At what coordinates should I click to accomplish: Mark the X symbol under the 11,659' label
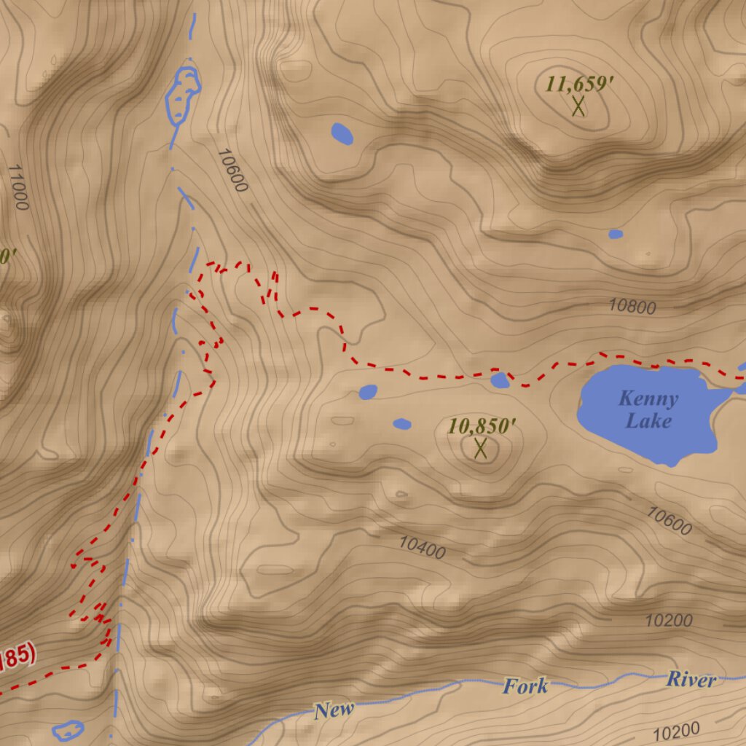(x=578, y=106)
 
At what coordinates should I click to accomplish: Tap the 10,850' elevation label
(x=482, y=426)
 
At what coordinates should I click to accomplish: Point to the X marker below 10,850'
(x=480, y=448)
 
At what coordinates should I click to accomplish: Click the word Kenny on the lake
(x=648, y=399)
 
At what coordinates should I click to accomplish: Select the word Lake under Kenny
(x=648, y=421)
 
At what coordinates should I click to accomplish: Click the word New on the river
(x=334, y=710)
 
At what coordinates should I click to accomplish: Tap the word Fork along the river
(x=525, y=686)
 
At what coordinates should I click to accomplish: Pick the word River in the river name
(x=691, y=680)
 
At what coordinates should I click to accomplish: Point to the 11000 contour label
(x=18, y=186)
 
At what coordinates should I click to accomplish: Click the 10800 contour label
(x=632, y=307)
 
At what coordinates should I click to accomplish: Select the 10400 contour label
(x=422, y=547)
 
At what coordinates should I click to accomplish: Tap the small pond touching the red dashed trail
(x=500, y=380)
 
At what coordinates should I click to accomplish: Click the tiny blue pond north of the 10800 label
(x=616, y=234)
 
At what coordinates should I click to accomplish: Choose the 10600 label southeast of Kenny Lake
(x=669, y=522)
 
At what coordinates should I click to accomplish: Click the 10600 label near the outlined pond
(x=232, y=170)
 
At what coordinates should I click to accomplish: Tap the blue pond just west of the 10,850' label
(x=402, y=423)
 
